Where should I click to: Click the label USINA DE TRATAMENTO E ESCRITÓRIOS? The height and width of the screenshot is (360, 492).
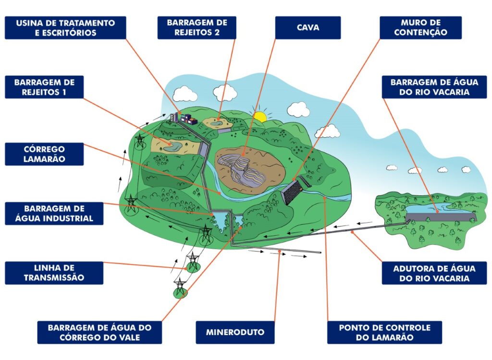coord(65,28)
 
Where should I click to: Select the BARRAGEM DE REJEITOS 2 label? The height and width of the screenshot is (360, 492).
coord(197,28)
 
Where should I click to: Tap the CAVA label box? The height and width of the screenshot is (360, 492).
coord(308,28)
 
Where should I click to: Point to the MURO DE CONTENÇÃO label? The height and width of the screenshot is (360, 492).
coord(420,28)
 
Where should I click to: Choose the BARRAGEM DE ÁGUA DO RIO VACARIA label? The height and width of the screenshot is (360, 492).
coord(434,87)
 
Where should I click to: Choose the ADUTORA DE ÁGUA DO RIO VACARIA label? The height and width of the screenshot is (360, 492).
coord(434,273)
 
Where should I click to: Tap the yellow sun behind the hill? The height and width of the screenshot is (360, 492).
coord(260,116)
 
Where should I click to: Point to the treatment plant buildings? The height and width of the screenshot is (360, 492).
coord(184,117)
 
